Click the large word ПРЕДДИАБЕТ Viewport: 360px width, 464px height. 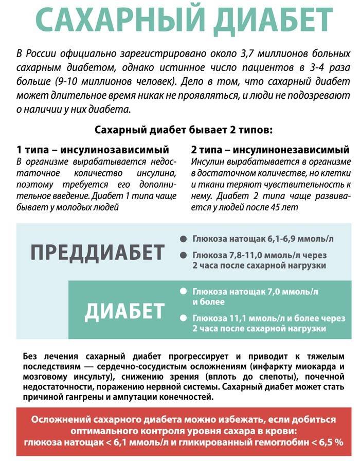point(98,253)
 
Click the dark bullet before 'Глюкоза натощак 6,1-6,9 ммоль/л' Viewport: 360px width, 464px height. point(183,240)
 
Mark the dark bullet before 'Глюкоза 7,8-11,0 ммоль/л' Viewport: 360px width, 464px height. point(183,255)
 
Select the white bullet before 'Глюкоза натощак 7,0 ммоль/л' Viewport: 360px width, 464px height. point(183,291)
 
